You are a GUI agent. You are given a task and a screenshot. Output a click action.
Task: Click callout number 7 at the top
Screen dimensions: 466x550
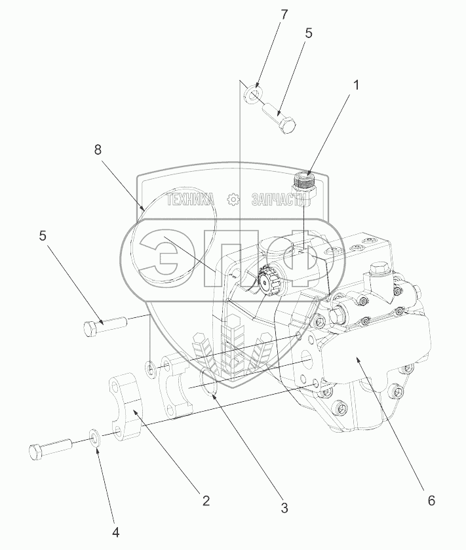pos(284,14)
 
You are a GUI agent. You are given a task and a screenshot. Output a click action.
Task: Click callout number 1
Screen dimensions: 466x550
pos(355,85)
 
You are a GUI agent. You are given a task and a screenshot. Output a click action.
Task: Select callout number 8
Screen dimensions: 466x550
pos(98,149)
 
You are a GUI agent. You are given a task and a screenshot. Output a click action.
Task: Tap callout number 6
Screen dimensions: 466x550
pos(431,501)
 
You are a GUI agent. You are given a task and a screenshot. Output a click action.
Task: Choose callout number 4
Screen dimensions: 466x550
pos(116,533)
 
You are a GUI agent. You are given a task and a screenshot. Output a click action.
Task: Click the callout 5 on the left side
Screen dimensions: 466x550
pos(43,236)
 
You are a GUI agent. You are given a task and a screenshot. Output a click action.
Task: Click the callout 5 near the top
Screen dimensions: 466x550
pos(308,33)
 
